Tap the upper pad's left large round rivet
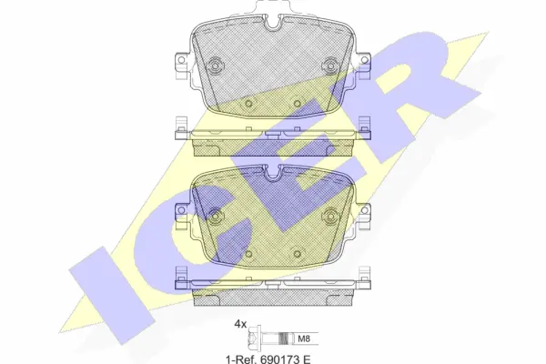click(215, 66)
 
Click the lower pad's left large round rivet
click(215, 217)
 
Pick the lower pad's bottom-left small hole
click(248, 253)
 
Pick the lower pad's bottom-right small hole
click(297, 253)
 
